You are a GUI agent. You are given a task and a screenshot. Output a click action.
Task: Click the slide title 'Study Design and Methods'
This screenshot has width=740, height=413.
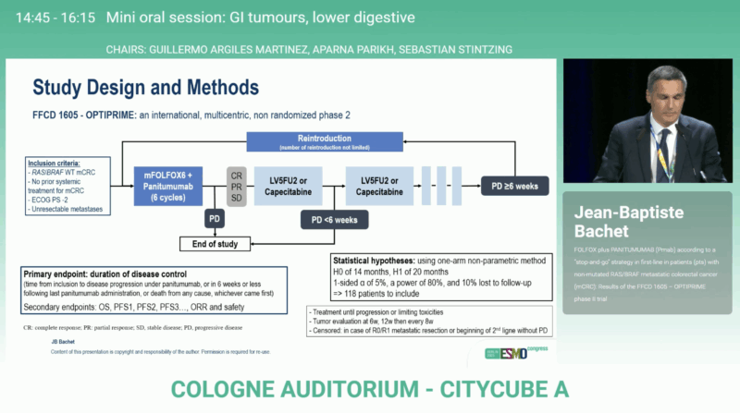pyautogui.click(x=145, y=89)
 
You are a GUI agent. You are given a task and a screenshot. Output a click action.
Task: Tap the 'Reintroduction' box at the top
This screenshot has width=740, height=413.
pyautogui.click(x=324, y=140)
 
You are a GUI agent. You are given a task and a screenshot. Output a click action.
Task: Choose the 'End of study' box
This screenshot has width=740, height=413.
pyautogui.click(x=216, y=245)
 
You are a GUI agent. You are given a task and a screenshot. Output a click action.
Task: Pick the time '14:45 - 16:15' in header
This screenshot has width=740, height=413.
pyautogui.click(x=49, y=17)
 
